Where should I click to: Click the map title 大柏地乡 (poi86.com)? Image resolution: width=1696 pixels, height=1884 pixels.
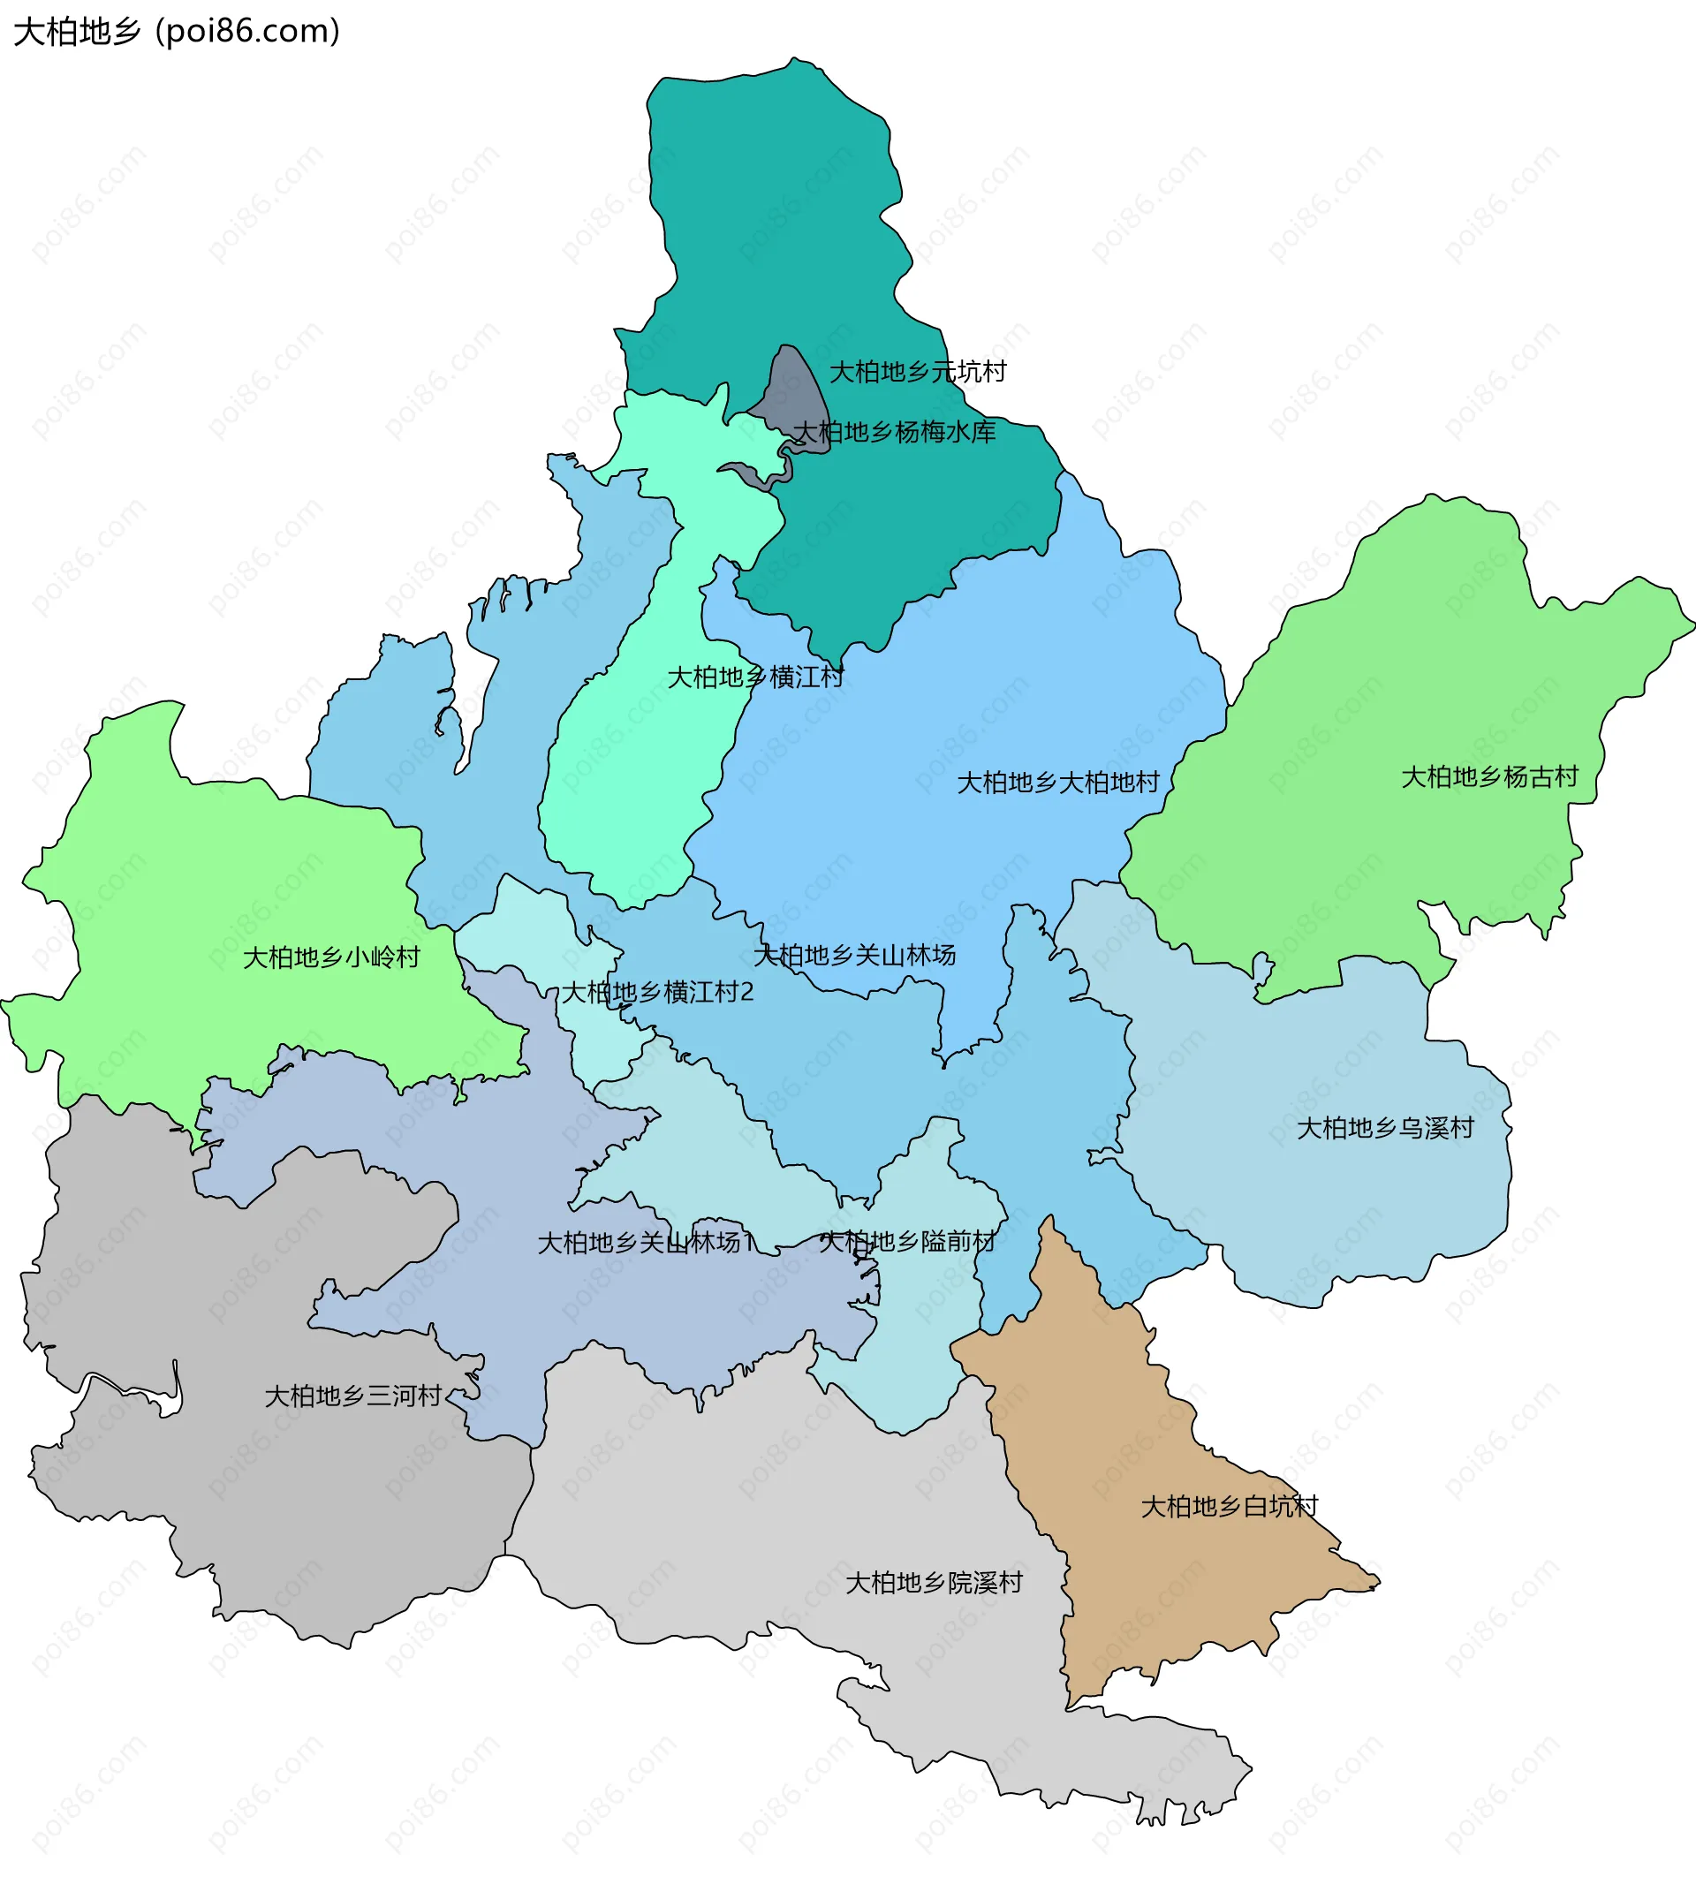177,32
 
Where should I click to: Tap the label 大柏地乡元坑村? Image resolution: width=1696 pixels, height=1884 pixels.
918,372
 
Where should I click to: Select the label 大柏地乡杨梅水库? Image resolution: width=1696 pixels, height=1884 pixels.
894,431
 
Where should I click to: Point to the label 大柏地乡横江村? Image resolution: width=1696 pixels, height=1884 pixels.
756,677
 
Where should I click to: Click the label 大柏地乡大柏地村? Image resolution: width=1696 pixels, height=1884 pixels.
1057,783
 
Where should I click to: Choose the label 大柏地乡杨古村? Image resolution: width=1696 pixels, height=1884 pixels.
1489,777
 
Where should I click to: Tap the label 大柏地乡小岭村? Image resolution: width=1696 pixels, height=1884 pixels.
332,957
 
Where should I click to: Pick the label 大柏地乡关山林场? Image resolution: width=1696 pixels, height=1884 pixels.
854,955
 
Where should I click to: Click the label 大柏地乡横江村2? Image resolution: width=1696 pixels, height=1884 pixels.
657,992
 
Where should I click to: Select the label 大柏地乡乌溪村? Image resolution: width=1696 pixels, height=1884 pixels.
1385,1128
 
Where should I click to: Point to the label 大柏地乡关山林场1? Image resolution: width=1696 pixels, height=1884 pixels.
646,1243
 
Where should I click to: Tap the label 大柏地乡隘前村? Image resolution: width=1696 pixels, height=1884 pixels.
906,1241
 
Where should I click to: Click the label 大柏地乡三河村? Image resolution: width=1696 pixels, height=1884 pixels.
353,1396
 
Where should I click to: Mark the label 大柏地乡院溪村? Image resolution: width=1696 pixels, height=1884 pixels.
934,1583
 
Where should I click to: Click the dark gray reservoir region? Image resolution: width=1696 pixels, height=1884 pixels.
798,391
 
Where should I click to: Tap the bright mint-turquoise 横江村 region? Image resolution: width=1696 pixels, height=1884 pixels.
633,801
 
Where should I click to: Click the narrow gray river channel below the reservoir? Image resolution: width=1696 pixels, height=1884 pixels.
750,473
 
